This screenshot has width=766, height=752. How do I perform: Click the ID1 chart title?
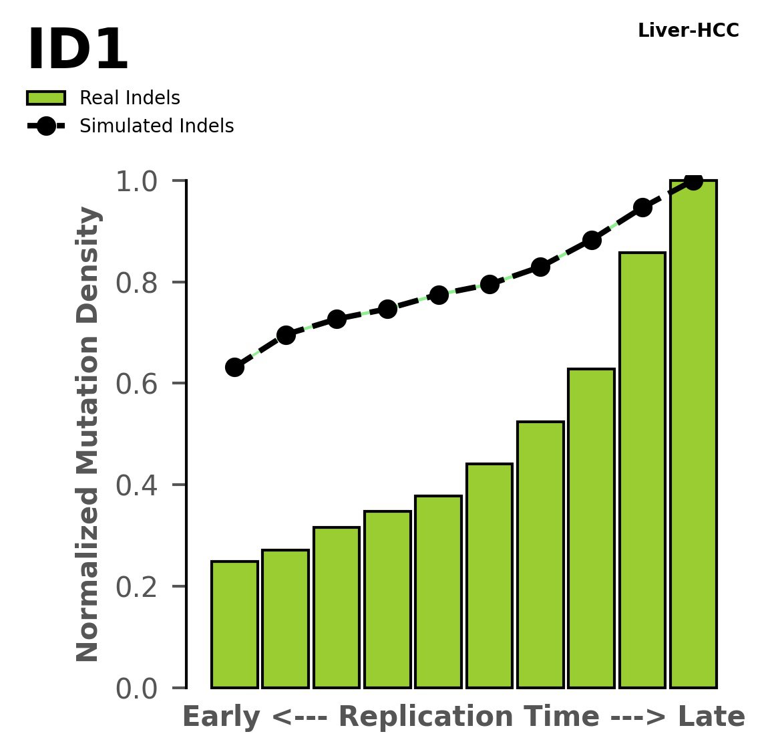click(77, 51)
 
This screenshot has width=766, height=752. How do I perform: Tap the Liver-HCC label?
click(688, 31)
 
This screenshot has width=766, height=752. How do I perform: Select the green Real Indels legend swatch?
click(46, 98)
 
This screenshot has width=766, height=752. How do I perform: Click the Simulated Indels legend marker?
click(46, 126)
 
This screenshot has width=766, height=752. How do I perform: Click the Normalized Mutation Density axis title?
click(88, 434)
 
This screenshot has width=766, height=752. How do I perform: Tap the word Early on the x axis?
click(220, 717)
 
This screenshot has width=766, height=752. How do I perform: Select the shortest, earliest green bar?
click(234, 624)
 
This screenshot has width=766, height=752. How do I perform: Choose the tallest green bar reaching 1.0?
click(693, 434)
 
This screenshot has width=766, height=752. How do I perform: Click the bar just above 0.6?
click(592, 528)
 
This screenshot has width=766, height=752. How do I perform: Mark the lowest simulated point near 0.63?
click(234, 367)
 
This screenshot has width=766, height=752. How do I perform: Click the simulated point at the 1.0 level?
click(693, 180)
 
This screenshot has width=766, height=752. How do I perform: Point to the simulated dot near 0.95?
click(642, 207)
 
